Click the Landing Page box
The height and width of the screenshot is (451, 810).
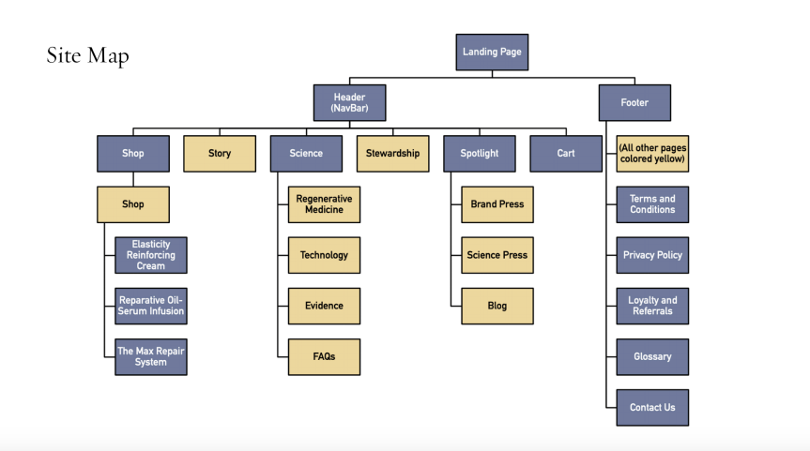pyautogui.click(x=492, y=52)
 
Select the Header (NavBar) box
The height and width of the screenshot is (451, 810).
pyautogui.click(x=349, y=102)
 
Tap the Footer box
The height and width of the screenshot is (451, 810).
pyautogui.click(x=634, y=102)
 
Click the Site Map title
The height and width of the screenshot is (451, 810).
pyautogui.click(x=87, y=56)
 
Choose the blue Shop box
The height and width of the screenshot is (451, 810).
pyautogui.click(x=132, y=153)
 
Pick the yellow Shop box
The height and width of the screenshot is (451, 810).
pyautogui.click(x=132, y=204)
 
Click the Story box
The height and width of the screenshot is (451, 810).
pyautogui.click(x=219, y=153)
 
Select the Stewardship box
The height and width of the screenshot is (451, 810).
pyautogui.click(x=392, y=153)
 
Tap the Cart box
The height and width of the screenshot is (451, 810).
pyautogui.click(x=565, y=153)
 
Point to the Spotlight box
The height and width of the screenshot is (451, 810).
pyautogui.click(x=479, y=153)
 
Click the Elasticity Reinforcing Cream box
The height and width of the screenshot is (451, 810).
pyautogui.click(x=150, y=255)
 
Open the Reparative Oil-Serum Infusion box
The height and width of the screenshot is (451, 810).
pyautogui.click(x=150, y=306)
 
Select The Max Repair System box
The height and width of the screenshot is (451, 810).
pyautogui.click(x=150, y=356)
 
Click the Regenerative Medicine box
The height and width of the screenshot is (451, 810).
pyautogui.click(x=324, y=204)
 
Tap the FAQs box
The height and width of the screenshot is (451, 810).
pyautogui.click(x=324, y=356)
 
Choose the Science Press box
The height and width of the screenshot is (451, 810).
pyautogui.click(x=497, y=255)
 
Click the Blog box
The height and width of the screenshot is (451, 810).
pyautogui.click(x=497, y=306)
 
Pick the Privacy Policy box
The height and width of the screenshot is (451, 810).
pyautogui.click(x=652, y=255)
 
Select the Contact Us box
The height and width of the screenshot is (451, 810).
pyautogui.click(x=652, y=407)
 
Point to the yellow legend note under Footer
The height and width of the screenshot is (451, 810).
pyautogui.click(x=652, y=153)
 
